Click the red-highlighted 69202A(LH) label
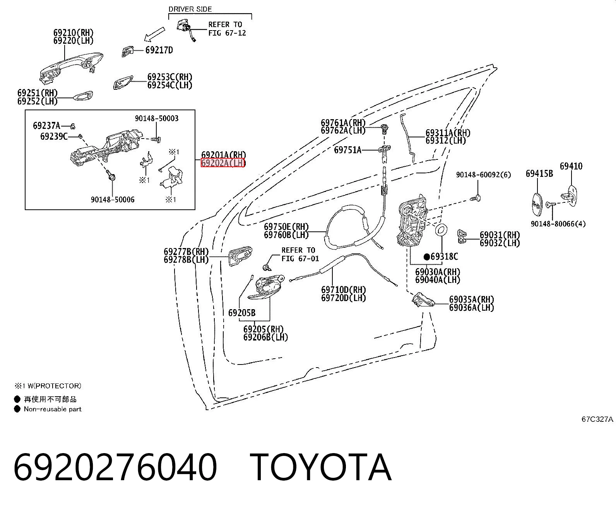[223, 163]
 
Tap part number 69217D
[159, 50]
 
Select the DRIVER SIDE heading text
[190, 9]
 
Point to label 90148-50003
[157, 118]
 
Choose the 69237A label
[46, 126]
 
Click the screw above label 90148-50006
[111, 177]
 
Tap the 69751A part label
[347, 150]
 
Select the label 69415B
[539, 173]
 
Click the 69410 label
[571, 166]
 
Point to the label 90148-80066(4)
[558, 224]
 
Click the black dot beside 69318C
[427, 257]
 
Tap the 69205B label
[242, 313]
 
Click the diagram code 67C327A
[597, 419]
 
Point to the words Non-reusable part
[53, 409]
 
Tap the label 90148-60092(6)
[484, 175]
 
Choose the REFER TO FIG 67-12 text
[227, 29]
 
